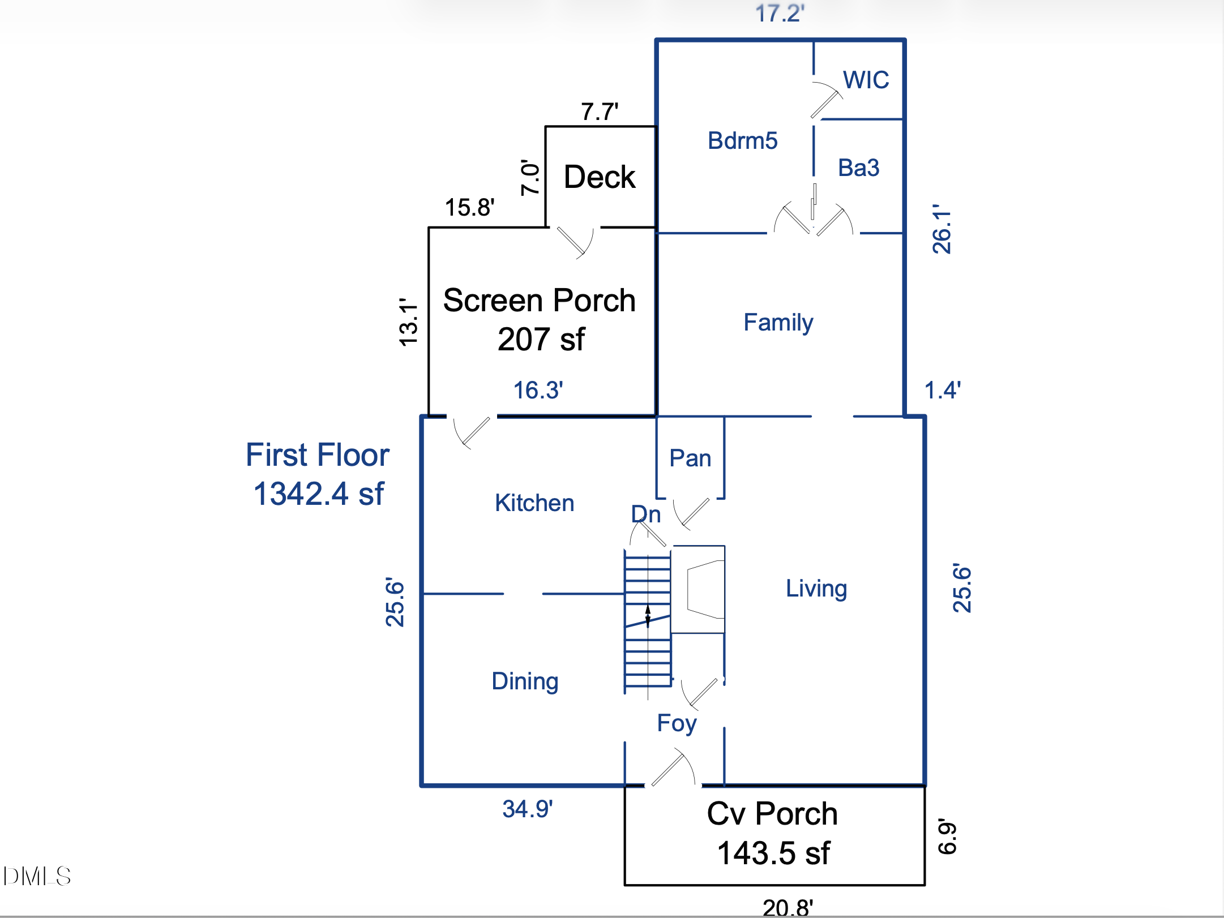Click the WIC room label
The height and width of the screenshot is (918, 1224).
pos(866,80)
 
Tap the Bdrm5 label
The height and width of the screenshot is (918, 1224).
pos(742,140)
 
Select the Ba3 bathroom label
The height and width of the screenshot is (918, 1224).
pos(858,168)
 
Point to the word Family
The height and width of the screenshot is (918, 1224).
pos(778,323)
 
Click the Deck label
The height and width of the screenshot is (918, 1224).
pos(600,177)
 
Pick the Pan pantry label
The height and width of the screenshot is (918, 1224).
pos(690,458)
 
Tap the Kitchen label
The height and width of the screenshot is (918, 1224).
pos(534,503)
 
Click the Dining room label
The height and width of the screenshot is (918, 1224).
pos(525,681)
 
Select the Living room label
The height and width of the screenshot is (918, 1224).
pos(816,589)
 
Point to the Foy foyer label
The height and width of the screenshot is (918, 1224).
pos(677,723)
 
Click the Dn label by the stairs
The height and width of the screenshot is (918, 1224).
pos(646,514)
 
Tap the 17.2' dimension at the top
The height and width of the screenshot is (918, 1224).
pos(780,13)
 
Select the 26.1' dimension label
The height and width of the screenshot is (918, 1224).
pos(941,229)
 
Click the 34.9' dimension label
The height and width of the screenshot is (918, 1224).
pos(527,809)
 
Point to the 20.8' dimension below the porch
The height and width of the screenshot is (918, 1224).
pos(788,907)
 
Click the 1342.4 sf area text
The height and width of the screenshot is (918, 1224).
pos(319,494)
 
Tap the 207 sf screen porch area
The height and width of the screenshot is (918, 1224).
pos(541,340)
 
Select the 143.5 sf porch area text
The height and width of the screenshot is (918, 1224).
pos(773,853)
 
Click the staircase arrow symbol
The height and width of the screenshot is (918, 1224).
pos(648,616)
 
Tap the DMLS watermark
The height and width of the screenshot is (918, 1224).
pos(37,876)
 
